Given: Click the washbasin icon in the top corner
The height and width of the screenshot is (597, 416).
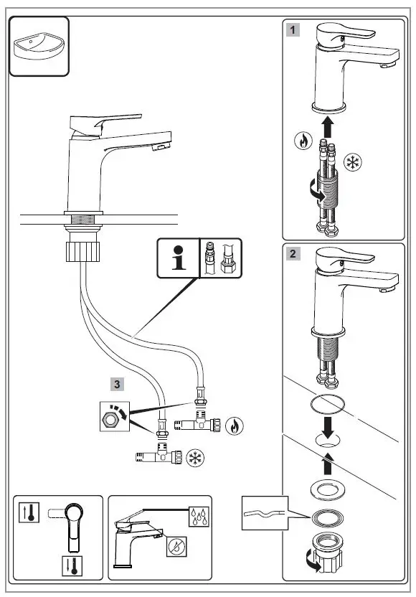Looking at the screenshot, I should (39, 47).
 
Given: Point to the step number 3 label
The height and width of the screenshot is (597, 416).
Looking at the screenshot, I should (116, 383).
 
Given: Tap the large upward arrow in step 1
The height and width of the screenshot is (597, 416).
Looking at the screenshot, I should (329, 128).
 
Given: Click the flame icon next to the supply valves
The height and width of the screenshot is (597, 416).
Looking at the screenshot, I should (234, 426).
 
